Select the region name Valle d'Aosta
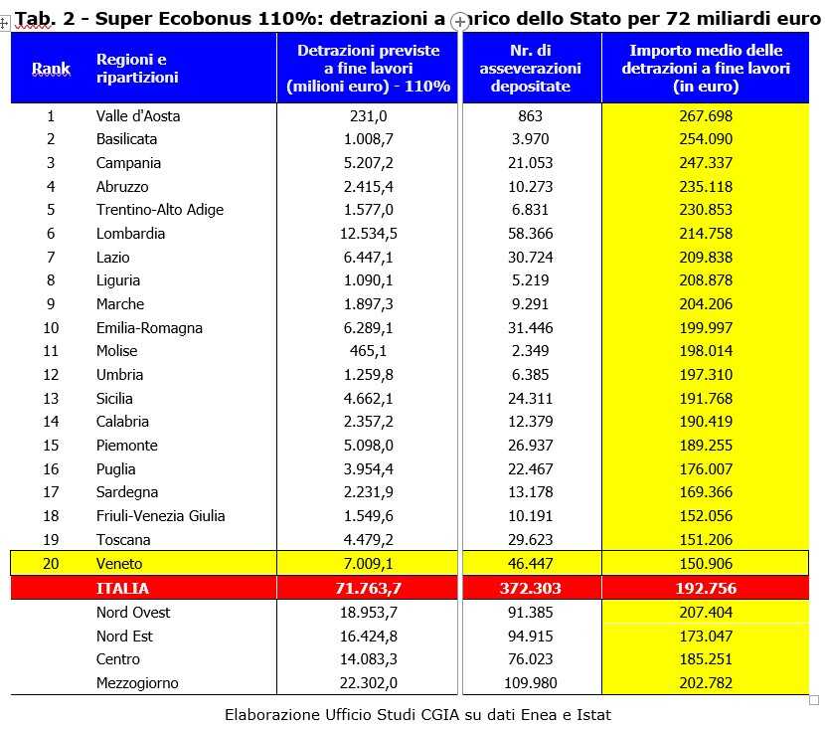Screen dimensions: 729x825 pos(138,115)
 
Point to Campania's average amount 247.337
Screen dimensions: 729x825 pos(705,163)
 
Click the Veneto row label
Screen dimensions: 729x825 pos(119,564)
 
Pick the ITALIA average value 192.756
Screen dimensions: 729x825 pos(705,588)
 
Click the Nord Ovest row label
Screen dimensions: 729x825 pos(133,613)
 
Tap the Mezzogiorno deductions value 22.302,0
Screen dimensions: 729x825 pos(368,683)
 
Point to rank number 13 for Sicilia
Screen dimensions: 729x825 pos(51,399)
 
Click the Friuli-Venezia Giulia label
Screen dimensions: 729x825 pos(161,516)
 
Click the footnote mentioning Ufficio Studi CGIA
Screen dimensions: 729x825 pos(417,714)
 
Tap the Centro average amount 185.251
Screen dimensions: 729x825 pos(705,659)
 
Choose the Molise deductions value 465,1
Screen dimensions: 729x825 pos(368,351)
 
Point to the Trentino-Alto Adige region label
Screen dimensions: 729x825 pos(160,210)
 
